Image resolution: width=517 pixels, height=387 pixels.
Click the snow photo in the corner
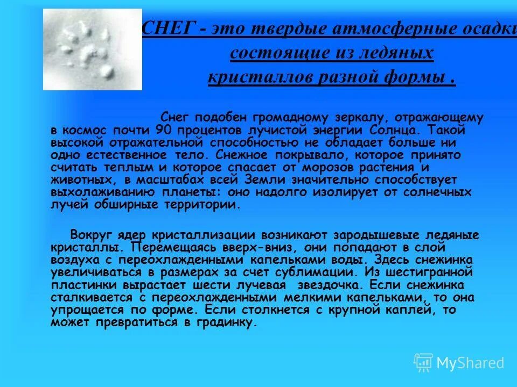pyautogui.click(x=93, y=49)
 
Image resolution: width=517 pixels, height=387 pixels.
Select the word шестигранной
pyautogui.click(x=436, y=273)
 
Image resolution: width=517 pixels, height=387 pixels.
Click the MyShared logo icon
pyautogui.click(x=423, y=362)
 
